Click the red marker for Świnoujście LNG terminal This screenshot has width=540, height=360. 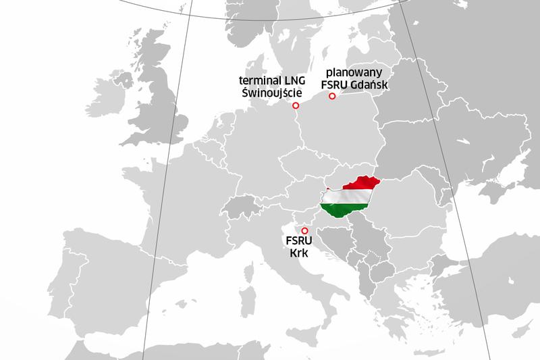coord(295,106)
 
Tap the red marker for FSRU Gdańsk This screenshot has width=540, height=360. coord(331,97)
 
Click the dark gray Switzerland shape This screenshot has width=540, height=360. coord(242,206)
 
